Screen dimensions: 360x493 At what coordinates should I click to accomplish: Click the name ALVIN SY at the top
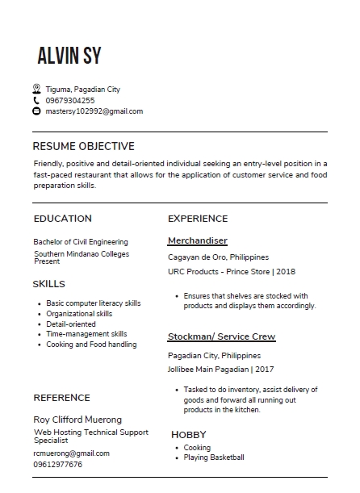click(x=69, y=55)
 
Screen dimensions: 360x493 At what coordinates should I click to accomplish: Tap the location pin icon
click(x=36, y=89)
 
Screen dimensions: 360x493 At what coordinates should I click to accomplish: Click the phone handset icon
click(x=36, y=100)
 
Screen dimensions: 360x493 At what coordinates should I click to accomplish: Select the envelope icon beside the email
click(x=36, y=111)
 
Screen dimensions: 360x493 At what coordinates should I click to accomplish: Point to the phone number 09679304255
click(x=70, y=100)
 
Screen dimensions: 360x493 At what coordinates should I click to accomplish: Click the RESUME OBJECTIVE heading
click(x=83, y=146)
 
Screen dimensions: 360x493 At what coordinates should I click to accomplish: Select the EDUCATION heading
click(x=63, y=219)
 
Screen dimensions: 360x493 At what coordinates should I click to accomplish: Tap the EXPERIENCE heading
click(x=198, y=219)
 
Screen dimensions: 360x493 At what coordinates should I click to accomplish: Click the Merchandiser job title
click(x=198, y=240)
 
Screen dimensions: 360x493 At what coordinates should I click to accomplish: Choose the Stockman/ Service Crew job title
click(x=221, y=336)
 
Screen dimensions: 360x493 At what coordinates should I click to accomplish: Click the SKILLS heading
click(x=49, y=284)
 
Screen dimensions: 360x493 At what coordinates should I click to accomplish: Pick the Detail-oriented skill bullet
click(x=71, y=324)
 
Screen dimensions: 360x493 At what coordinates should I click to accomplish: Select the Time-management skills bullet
click(x=86, y=334)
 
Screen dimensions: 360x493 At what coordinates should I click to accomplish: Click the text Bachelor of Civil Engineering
click(x=81, y=241)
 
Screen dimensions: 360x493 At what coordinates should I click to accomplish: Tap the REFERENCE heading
click(x=61, y=398)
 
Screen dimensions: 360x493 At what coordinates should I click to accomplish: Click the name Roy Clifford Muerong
click(x=77, y=420)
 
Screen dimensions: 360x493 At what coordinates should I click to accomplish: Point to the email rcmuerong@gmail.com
click(x=72, y=453)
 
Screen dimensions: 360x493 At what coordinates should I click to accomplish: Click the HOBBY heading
click(x=189, y=434)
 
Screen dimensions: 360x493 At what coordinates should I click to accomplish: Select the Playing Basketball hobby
click(x=214, y=457)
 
